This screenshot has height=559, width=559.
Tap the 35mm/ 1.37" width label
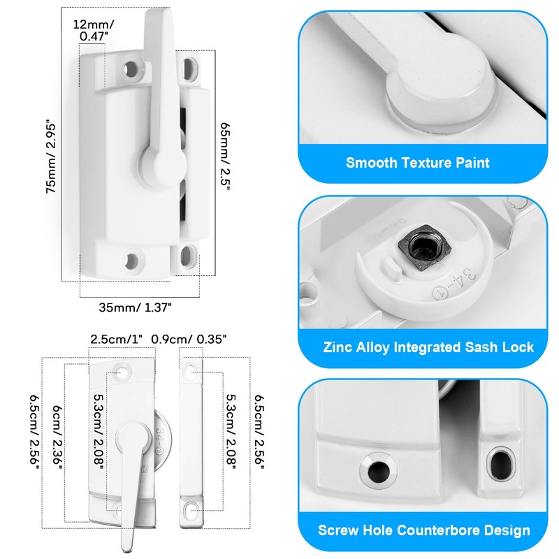(136, 306)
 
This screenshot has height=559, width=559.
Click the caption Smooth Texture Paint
(418, 163)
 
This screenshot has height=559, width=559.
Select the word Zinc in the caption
(338, 347)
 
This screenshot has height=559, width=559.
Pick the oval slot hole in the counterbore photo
(500, 464)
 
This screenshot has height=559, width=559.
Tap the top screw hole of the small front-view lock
(124, 370)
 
